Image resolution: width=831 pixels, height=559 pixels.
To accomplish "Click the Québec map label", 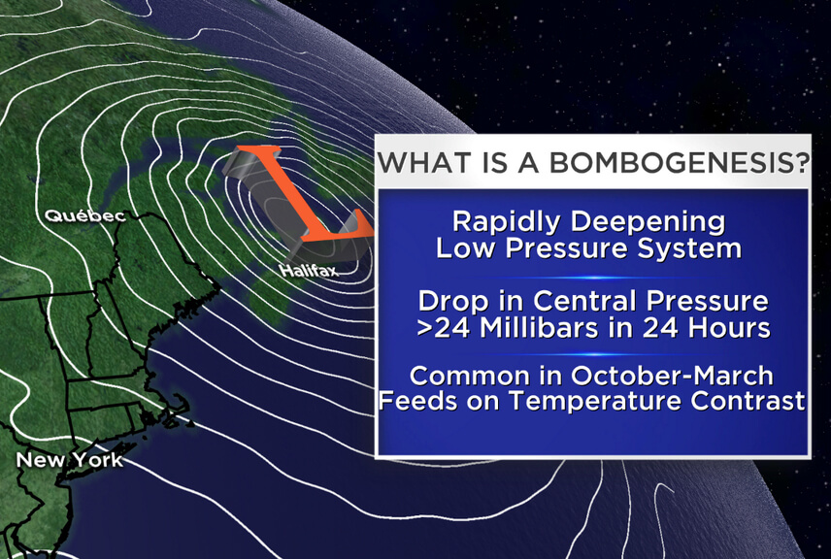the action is click(x=85, y=216).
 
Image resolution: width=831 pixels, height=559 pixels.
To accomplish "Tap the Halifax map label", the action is click(x=309, y=271).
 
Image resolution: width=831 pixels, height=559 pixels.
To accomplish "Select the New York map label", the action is click(x=70, y=459).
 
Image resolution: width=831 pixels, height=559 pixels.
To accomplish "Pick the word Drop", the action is click(x=452, y=302).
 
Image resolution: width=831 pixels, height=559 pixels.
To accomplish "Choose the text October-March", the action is click(x=672, y=376).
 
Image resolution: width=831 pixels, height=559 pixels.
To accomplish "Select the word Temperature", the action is click(x=596, y=402).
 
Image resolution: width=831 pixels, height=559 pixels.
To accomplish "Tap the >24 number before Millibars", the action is click(x=444, y=328).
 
